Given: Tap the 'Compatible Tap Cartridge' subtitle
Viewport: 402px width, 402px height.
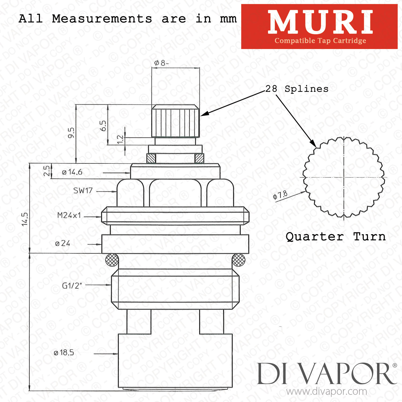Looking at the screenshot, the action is coord(320,41).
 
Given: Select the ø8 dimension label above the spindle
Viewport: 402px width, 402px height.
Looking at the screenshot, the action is coord(161,63).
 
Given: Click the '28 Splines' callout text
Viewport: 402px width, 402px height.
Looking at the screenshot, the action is coord(297,89).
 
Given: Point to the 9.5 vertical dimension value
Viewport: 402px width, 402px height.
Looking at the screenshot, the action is coord(71,133).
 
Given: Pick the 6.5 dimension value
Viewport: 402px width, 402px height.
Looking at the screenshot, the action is coord(103,126).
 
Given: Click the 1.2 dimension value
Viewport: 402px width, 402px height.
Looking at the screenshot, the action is coord(120,139).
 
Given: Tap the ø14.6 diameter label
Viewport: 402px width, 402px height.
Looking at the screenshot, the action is coord(72,172).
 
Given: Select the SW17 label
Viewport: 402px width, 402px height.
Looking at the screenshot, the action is coord(83,191).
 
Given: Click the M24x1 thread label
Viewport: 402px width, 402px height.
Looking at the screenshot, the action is coord(69,215).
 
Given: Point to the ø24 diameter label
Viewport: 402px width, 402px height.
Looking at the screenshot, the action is coord(62,243).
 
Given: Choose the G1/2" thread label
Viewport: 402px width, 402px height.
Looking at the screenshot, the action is coord(72,285).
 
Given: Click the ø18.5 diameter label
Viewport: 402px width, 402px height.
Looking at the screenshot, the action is coord(64,353).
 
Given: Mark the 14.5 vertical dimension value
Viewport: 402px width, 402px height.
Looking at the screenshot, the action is coord(25,219).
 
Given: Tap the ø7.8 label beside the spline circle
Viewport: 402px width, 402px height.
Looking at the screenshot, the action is coord(280,195).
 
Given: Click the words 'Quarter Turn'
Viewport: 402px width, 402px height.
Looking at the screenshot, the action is coord(336,237).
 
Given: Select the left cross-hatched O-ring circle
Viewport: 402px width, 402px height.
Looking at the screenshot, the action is coord(112,260).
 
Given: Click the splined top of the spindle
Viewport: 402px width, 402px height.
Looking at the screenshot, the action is coord(176,121).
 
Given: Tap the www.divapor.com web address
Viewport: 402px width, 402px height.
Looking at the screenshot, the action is coord(326,392).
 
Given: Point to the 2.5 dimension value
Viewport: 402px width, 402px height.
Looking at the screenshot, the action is coord(47,171).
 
